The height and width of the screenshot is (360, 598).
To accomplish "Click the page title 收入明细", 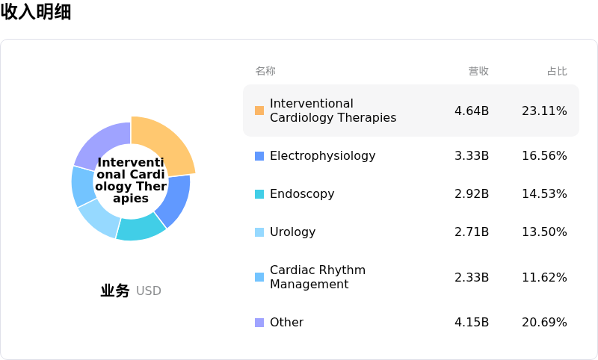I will pyautogui.click(x=36, y=12).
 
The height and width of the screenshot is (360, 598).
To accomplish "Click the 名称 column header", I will pyautogui.click(x=265, y=71).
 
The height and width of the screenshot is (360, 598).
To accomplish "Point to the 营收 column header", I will pyautogui.click(x=478, y=71).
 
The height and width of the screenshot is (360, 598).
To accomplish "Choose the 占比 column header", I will pyautogui.click(x=557, y=71).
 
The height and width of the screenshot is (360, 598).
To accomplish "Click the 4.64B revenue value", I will pyautogui.click(x=472, y=111).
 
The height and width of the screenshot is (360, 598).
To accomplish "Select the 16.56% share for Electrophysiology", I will pyautogui.click(x=544, y=156).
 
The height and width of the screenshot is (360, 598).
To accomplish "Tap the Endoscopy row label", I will pyautogui.click(x=302, y=194).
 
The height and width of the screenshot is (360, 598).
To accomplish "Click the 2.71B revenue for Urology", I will pyautogui.click(x=472, y=232).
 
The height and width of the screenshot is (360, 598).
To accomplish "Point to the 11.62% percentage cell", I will pyautogui.click(x=544, y=277).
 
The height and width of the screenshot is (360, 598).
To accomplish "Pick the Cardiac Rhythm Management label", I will pyautogui.click(x=318, y=277).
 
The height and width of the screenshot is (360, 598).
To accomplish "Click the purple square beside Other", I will pyautogui.click(x=259, y=323).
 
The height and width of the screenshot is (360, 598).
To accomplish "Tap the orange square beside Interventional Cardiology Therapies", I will pyautogui.click(x=259, y=111).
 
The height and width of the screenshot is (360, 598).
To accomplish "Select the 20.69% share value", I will pyautogui.click(x=544, y=323).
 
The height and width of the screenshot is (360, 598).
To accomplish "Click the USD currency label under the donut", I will pyautogui.click(x=149, y=291).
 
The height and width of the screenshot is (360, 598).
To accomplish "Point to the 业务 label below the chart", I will pyautogui.click(x=115, y=291).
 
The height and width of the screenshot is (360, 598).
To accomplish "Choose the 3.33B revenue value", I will pyautogui.click(x=472, y=156).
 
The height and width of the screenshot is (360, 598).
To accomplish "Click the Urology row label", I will pyautogui.click(x=292, y=232).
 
